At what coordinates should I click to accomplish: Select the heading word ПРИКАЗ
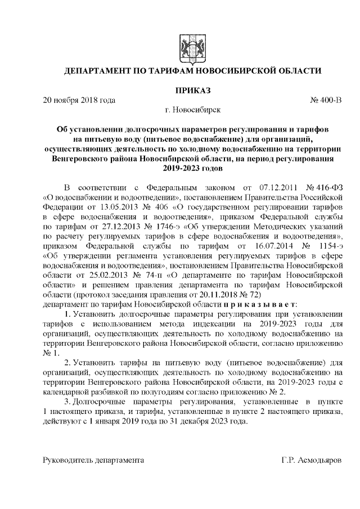coord(193,90)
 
